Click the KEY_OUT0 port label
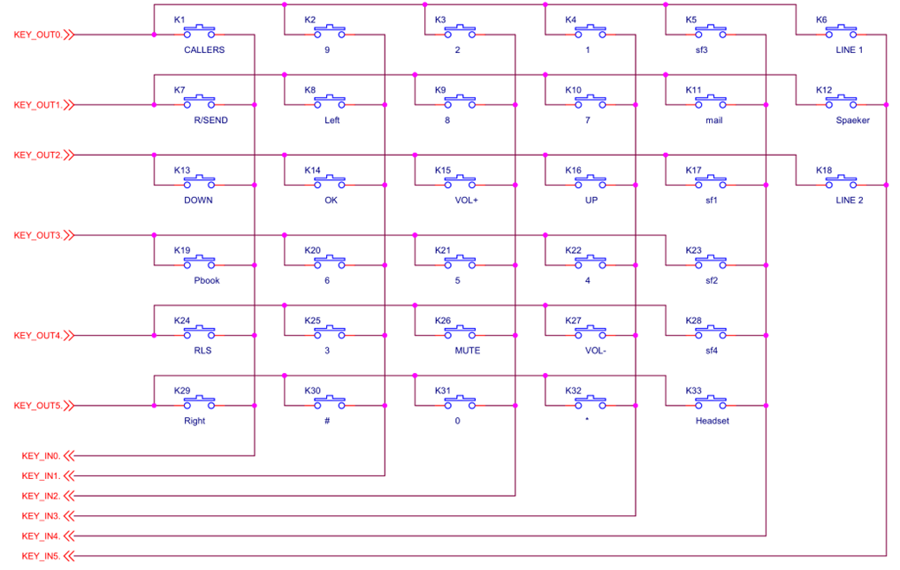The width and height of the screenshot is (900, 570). [37, 35]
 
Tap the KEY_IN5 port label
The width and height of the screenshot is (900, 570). [41, 556]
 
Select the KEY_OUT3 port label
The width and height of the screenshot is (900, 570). [37, 235]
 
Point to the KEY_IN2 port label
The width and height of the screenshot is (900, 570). [41, 496]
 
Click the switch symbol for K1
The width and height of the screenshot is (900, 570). [199, 32]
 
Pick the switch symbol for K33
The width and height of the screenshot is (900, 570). [711, 402]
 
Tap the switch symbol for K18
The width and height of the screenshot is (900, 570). [841, 182]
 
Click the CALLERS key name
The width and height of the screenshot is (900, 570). [204, 50]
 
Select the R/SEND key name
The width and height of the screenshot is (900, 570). [210, 120]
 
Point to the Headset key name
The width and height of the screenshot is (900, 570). [713, 421]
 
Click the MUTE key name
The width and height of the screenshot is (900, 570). [467, 350]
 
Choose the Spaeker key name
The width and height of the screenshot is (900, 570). [852, 120]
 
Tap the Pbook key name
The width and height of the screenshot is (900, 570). [207, 280]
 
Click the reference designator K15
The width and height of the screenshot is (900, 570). [443, 170]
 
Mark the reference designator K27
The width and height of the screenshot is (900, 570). [573, 320]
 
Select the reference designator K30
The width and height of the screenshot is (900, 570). [312, 391]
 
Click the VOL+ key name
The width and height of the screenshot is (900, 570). [466, 201]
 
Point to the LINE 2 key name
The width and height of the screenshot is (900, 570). [849, 201]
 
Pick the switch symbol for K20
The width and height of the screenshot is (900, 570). [330, 262]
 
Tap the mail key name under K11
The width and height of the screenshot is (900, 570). [714, 120]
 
